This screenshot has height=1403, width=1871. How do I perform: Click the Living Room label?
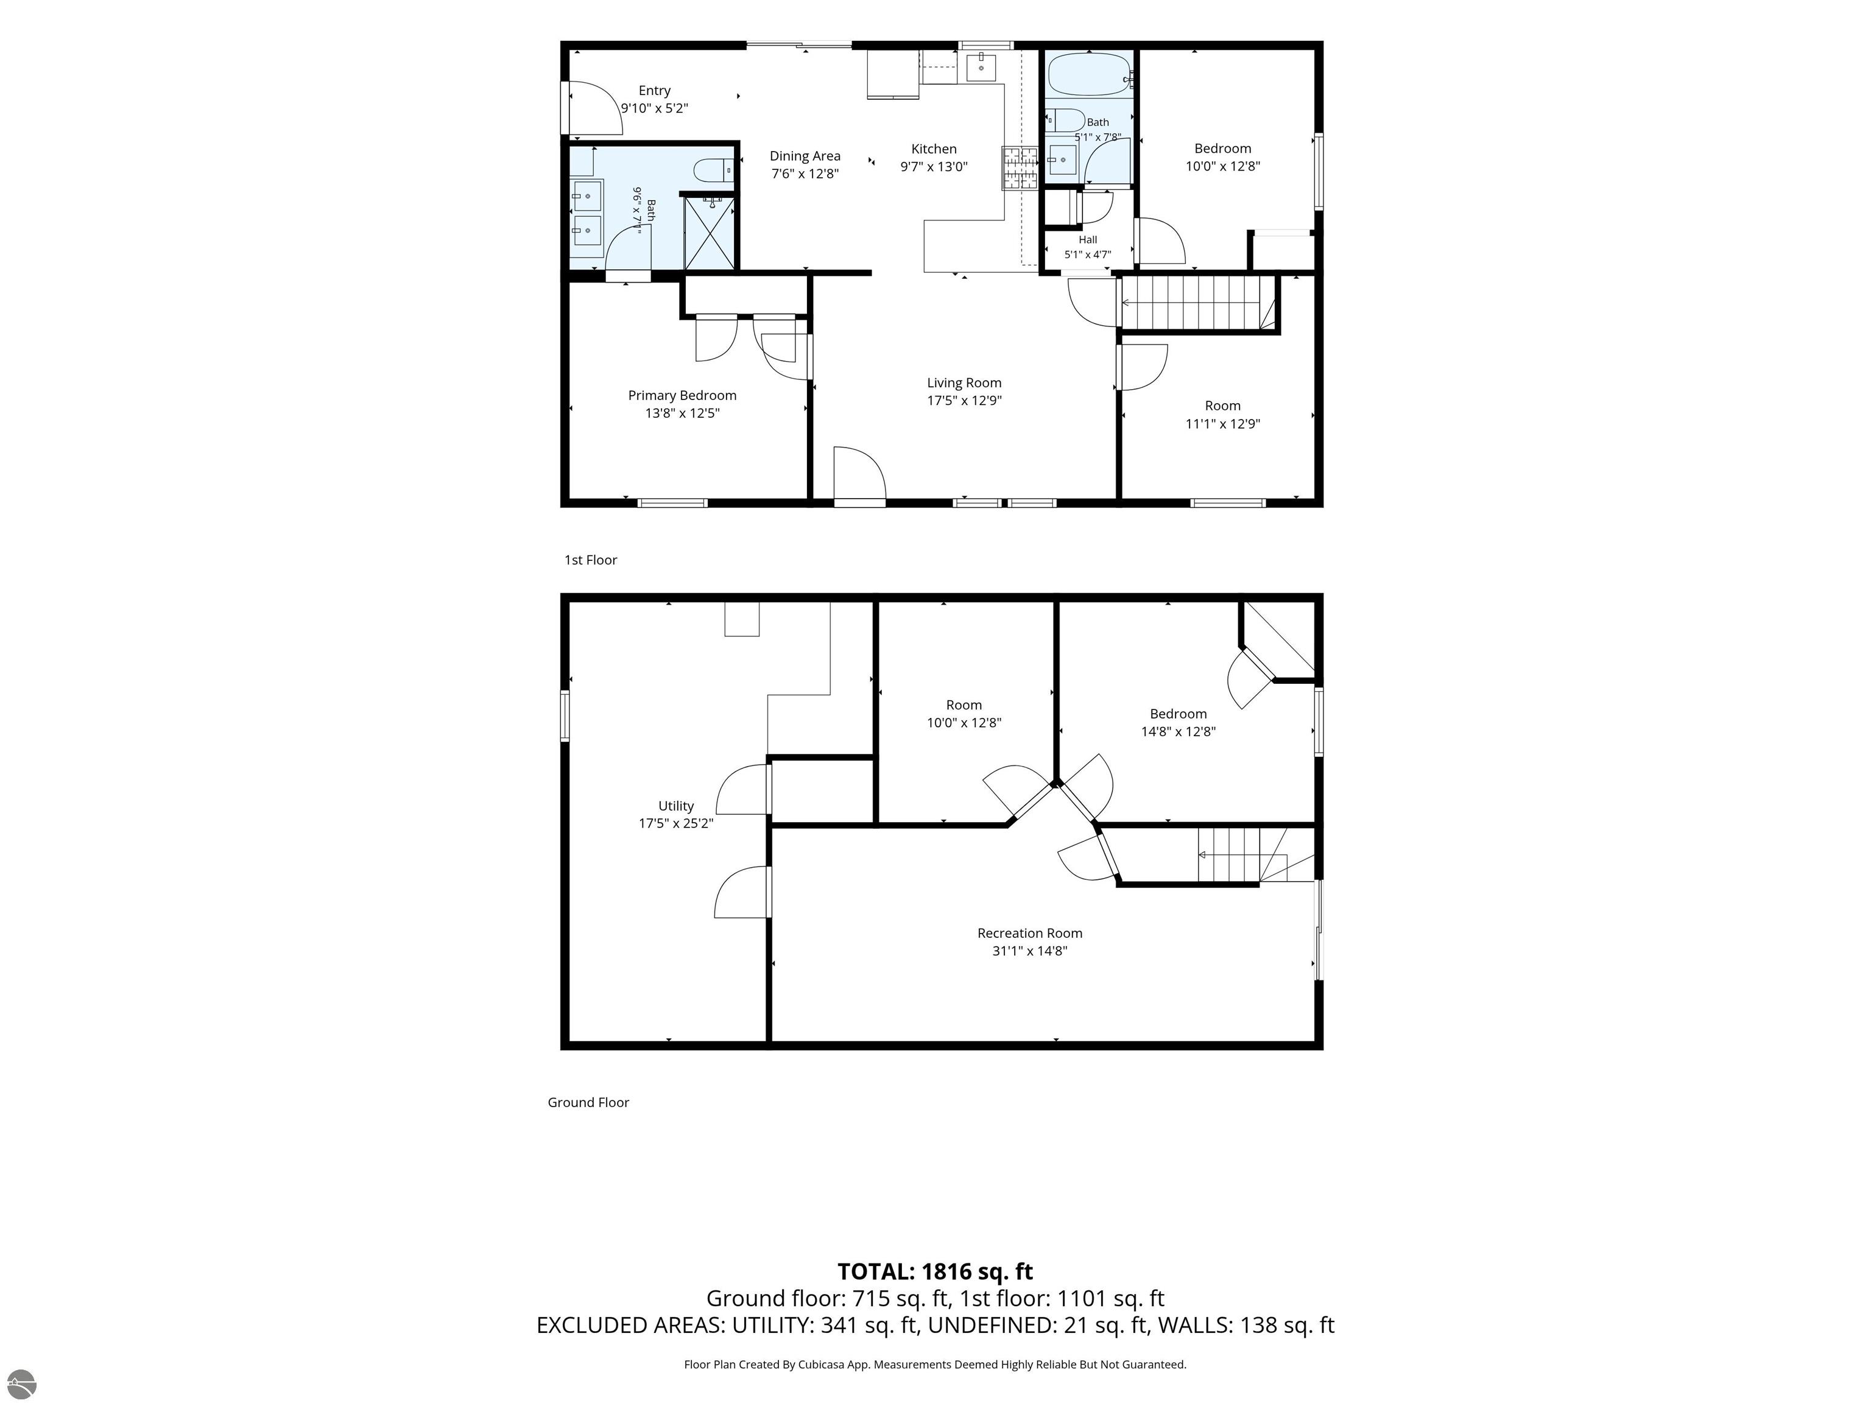click(964, 383)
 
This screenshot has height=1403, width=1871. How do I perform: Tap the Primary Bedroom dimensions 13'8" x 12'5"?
click(682, 413)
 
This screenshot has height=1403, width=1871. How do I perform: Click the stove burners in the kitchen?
click(1020, 167)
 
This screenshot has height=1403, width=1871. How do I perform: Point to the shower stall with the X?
click(709, 233)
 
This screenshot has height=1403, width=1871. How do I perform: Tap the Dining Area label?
click(805, 156)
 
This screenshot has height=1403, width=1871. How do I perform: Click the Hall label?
click(1088, 239)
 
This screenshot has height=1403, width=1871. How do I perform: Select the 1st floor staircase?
click(1198, 302)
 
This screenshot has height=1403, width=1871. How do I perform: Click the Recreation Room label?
click(1029, 933)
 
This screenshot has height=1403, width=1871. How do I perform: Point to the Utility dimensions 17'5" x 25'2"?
click(676, 823)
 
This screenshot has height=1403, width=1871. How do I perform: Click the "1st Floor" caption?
click(590, 560)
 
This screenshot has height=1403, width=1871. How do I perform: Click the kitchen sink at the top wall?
click(981, 67)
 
